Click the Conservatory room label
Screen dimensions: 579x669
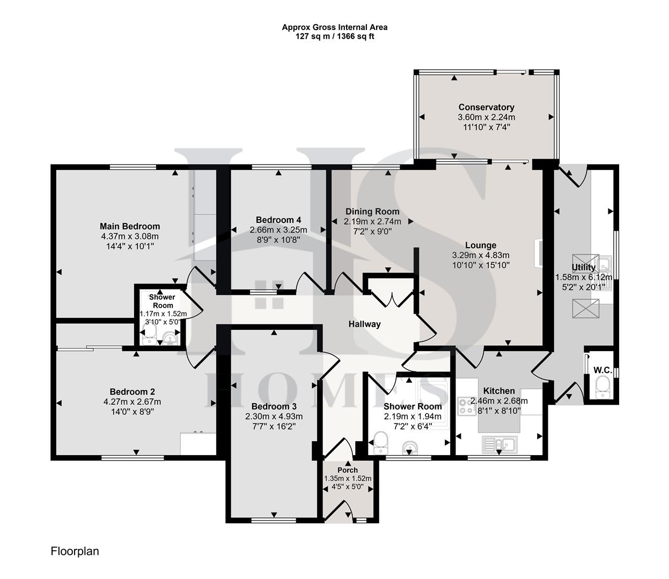coord(486,107)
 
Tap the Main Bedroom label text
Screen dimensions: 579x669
coord(130,226)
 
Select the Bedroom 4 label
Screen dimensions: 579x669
coord(278,220)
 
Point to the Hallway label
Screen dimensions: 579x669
coord(364,324)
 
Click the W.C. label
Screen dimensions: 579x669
coord(602,370)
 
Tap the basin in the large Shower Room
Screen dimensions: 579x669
coord(412,447)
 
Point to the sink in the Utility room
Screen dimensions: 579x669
coord(605,264)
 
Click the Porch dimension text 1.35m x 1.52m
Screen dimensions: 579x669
coord(348,479)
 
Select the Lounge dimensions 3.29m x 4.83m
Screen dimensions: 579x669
coord(481,255)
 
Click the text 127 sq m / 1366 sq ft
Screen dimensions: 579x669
coord(335,36)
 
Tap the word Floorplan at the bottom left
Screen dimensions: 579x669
coord(75,551)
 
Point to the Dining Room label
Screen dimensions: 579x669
coord(372,211)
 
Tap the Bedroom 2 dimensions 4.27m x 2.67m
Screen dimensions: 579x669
coord(132,402)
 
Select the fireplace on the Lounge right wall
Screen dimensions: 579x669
coord(538,253)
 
